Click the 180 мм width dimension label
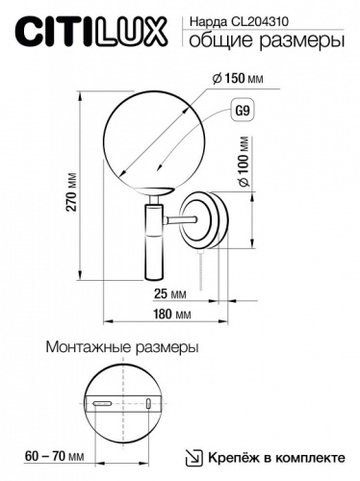coord(169,315)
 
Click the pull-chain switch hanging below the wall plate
coord(202,270)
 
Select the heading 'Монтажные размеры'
coord(122,345)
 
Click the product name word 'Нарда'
coord(200,19)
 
